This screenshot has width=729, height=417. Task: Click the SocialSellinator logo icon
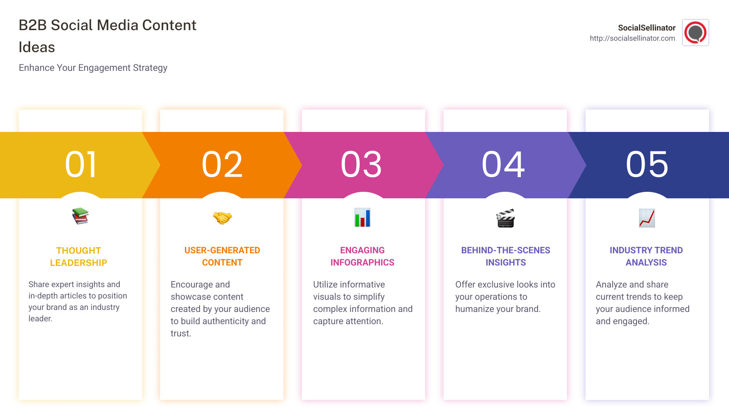tap(695, 33)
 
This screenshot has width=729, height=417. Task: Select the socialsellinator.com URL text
tap(632, 38)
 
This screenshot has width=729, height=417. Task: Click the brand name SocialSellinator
tap(646, 28)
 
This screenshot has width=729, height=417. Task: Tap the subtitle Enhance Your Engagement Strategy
tap(93, 68)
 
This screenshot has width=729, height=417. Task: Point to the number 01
tap(81, 165)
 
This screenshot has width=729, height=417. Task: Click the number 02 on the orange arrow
tap(222, 165)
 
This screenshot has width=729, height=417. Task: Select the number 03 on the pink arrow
tap(362, 165)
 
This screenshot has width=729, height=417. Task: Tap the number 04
tap(503, 165)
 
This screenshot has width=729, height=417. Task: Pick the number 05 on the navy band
tap(647, 165)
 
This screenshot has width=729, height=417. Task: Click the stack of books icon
tap(80, 216)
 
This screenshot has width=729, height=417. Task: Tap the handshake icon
tap(222, 218)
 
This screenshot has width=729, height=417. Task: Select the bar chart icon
tap(362, 217)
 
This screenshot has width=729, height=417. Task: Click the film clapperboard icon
tap(505, 218)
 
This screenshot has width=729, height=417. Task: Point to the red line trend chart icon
tap(647, 218)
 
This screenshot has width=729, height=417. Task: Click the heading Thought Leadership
tap(79, 257)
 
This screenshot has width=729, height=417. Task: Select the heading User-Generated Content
tap(222, 256)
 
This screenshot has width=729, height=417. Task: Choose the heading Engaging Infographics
tap(362, 256)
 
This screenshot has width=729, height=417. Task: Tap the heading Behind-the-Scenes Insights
tap(505, 256)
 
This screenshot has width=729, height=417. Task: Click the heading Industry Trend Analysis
tap(646, 256)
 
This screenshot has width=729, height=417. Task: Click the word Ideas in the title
tap(37, 47)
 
